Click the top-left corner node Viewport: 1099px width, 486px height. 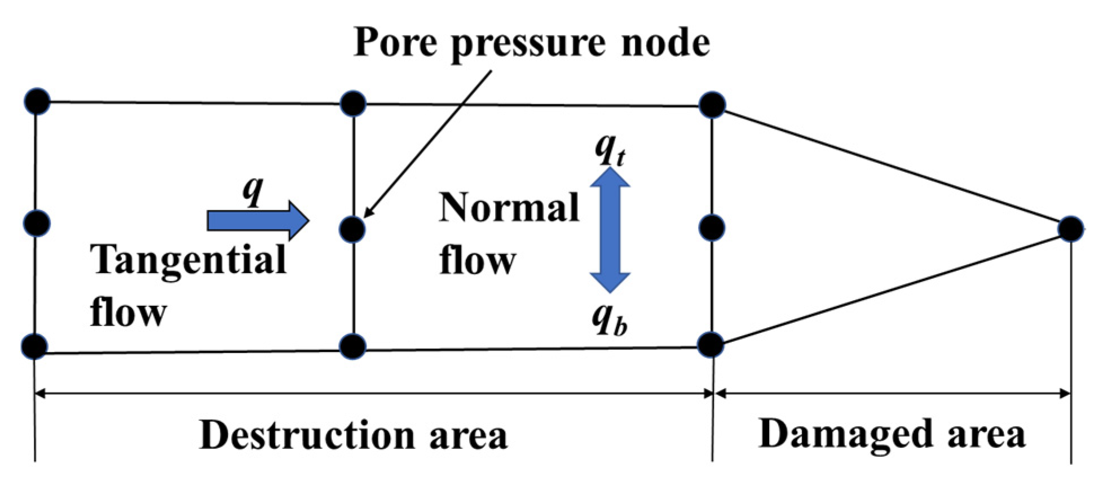pyautogui.click(x=37, y=101)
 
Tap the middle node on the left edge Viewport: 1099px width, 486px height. pyautogui.click(x=37, y=224)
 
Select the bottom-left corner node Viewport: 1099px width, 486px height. pyautogui.click(x=35, y=346)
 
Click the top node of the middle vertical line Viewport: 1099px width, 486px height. pyautogui.click(x=354, y=104)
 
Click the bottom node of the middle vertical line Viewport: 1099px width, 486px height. pyautogui.click(x=353, y=346)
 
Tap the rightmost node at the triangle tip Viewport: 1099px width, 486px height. pyautogui.click(x=1070, y=229)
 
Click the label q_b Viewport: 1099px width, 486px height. pyautogui.click(x=609, y=320)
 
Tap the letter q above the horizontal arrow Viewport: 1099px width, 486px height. pyautogui.click(x=253, y=190)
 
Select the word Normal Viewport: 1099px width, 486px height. pyautogui.click(x=509, y=208)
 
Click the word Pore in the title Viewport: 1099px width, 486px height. pyautogui.click(x=395, y=42)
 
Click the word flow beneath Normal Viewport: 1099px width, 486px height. pyautogui.click(x=477, y=261)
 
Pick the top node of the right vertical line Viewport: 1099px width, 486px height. pyautogui.click(x=712, y=105)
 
